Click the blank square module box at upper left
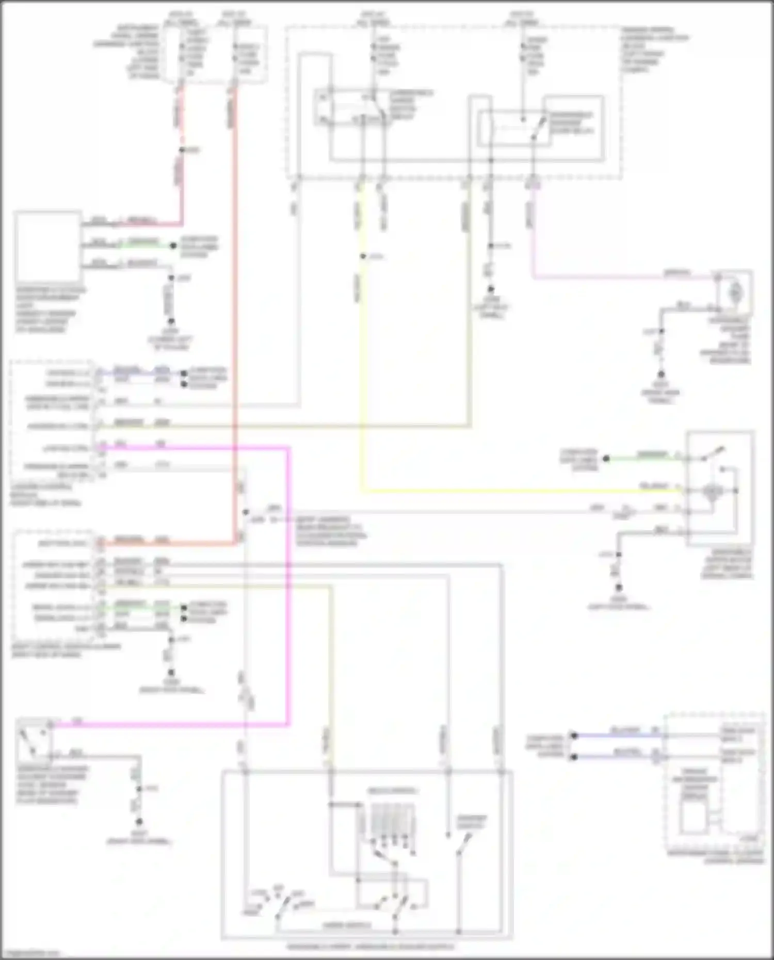(48, 247)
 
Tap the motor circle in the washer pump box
(734, 293)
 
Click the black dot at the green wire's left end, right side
(606, 458)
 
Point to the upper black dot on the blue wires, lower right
(573, 735)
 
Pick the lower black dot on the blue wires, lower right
(573, 757)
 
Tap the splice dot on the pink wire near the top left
(181, 150)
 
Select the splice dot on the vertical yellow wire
(363, 256)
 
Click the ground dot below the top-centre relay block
(491, 289)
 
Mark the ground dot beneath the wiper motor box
(618, 587)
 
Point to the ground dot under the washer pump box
(660, 374)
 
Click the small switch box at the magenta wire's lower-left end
(34, 740)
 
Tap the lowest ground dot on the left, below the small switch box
(138, 821)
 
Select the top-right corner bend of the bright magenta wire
(288, 448)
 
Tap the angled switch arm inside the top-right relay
(540, 127)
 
